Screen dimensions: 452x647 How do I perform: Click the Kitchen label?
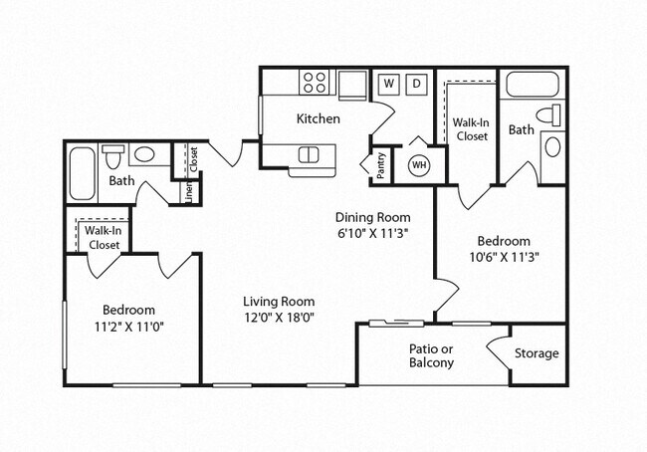(x=319, y=118)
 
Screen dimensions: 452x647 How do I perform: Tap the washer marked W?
(x=389, y=83)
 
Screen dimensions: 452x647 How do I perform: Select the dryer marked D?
(x=418, y=83)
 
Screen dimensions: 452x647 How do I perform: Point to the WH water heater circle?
(x=419, y=164)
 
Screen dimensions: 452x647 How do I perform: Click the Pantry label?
(x=381, y=164)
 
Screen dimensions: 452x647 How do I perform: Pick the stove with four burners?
(x=316, y=83)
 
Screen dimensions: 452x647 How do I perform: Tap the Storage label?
(x=537, y=353)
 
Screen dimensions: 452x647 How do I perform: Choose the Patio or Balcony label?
(x=431, y=355)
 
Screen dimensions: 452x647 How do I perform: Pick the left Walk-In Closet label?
(x=105, y=237)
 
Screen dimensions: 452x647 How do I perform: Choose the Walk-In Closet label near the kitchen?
(x=470, y=129)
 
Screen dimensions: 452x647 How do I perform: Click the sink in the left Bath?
(x=146, y=155)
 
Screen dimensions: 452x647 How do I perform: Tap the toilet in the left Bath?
(x=113, y=156)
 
